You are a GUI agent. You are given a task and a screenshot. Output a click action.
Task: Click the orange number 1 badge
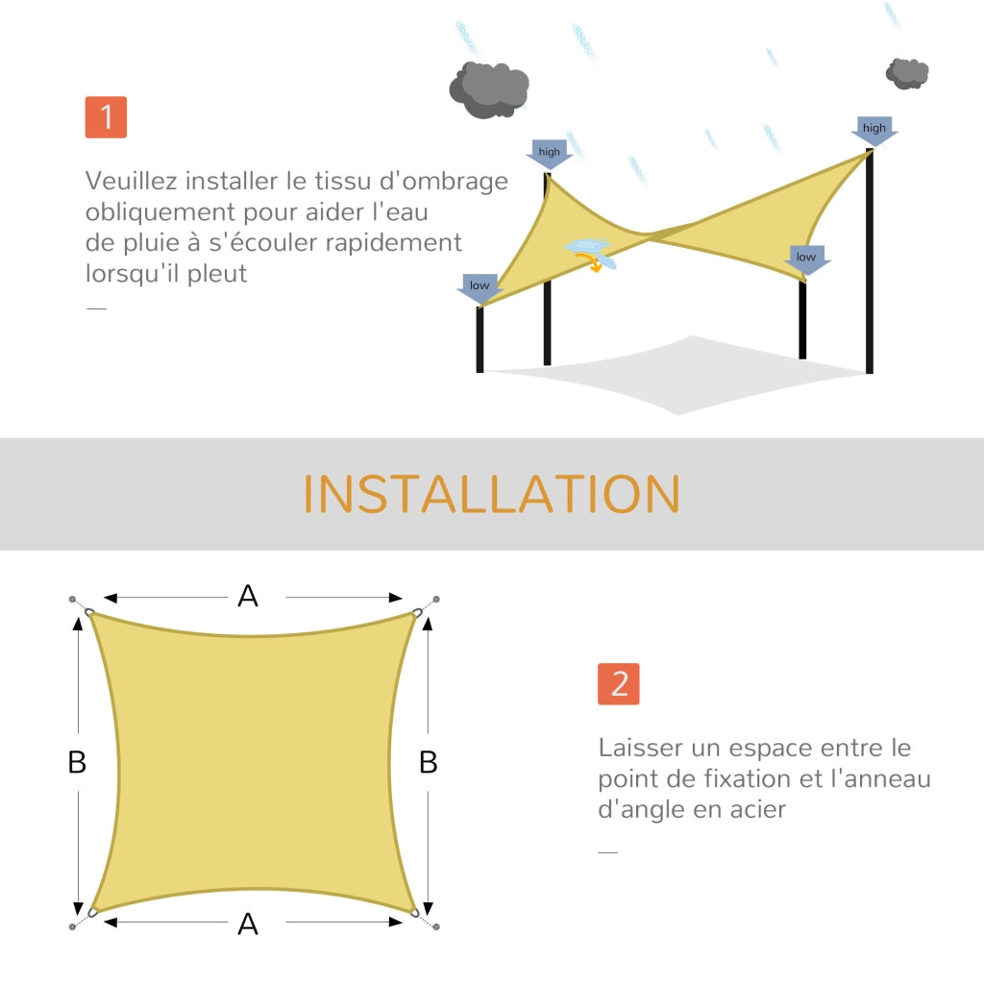(x=106, y=117)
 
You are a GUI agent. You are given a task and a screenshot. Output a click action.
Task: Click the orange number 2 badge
(x=619, y=684)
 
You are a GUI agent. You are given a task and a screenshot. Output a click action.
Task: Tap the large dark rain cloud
(x=489, y=89)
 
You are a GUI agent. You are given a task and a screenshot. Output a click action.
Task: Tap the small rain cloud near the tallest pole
(x=907, y=73)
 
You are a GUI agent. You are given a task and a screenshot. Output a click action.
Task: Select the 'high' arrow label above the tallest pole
(x=874, y=131)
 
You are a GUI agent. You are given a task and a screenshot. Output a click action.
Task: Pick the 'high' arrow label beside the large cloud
(x=549, y=154)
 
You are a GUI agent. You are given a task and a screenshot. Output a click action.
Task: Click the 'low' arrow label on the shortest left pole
(x=480, y=288)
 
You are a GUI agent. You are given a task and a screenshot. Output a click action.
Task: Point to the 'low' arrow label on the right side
(x=806, y=259)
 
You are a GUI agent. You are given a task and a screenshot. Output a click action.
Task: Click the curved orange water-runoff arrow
(x=592, y=261)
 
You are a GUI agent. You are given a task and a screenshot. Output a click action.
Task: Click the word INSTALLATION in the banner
(x=492, y=494)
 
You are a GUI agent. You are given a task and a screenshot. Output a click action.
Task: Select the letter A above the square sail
(x=248, y=596)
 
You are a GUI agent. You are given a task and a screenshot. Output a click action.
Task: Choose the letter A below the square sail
(x=248, y=924)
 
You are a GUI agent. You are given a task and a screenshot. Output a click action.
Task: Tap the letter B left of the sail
(x=77, y=762)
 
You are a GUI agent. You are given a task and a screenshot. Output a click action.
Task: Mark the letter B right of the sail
(x=429, y=762)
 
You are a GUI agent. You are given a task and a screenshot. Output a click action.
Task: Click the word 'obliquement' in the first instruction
(x=160, y=212)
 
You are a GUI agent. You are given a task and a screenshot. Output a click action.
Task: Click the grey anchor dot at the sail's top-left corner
(x=72, y=600)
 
